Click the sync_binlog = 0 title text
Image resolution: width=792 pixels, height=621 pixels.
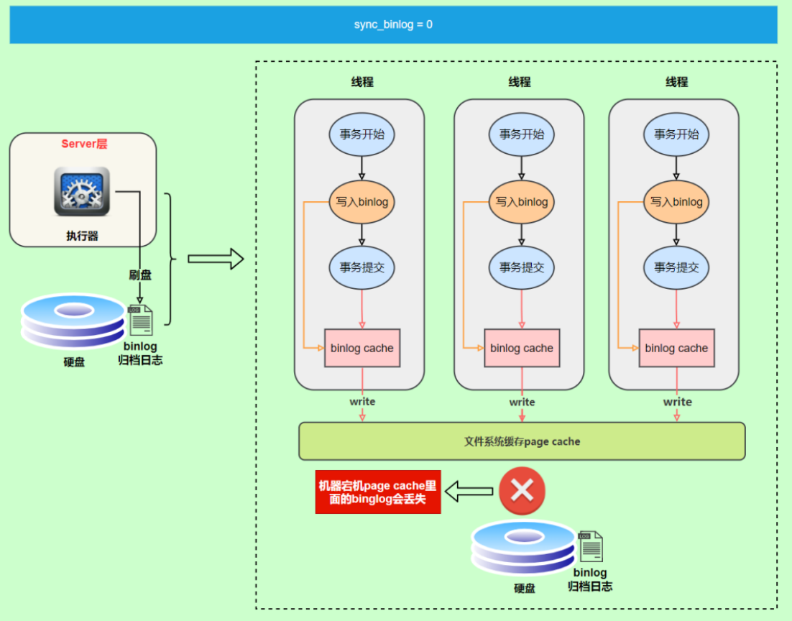[x=393, y=24]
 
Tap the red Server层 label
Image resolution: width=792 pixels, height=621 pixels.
[x=84, y=144]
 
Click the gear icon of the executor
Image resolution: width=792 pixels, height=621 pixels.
[x=82, y=191]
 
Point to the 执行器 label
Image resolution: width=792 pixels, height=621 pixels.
[x=82, y=236]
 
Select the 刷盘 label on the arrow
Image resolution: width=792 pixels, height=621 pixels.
[x=140, y=275]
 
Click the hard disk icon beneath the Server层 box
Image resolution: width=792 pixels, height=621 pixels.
[x=73, y=321]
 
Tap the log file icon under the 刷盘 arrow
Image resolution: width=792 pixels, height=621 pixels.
[x=140, y=320]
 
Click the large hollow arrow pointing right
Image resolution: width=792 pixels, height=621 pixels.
[x=216, y=259]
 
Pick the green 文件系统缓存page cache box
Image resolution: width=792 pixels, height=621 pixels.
[x=522, y=441]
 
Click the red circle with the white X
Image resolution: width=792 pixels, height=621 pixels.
[x=522, y=491]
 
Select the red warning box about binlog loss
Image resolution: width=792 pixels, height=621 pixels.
[x=378, y=492]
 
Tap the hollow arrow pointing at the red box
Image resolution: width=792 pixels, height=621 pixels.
[x=469, y=491]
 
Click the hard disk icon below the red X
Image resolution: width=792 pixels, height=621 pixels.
[x=522, y=548]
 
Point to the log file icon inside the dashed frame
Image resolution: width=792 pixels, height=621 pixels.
[x=591, y=546]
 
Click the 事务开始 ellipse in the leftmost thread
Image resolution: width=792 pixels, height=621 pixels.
[x=362, y=134]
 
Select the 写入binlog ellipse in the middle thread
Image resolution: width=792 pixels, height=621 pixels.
[x=521, y=202]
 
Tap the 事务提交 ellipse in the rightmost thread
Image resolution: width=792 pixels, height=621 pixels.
[x=676, y=267]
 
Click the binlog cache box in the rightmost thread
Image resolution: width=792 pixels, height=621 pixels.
[x=676, y=348]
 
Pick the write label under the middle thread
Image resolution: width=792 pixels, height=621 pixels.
[x=522, y=402]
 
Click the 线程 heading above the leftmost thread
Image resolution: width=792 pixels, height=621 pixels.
[x=362, y=82]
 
